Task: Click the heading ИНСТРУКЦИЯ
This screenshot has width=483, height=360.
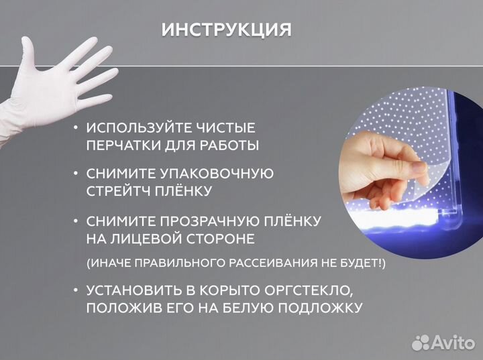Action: coord(227,30)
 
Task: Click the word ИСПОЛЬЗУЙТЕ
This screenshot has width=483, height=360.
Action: coord(140,127)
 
